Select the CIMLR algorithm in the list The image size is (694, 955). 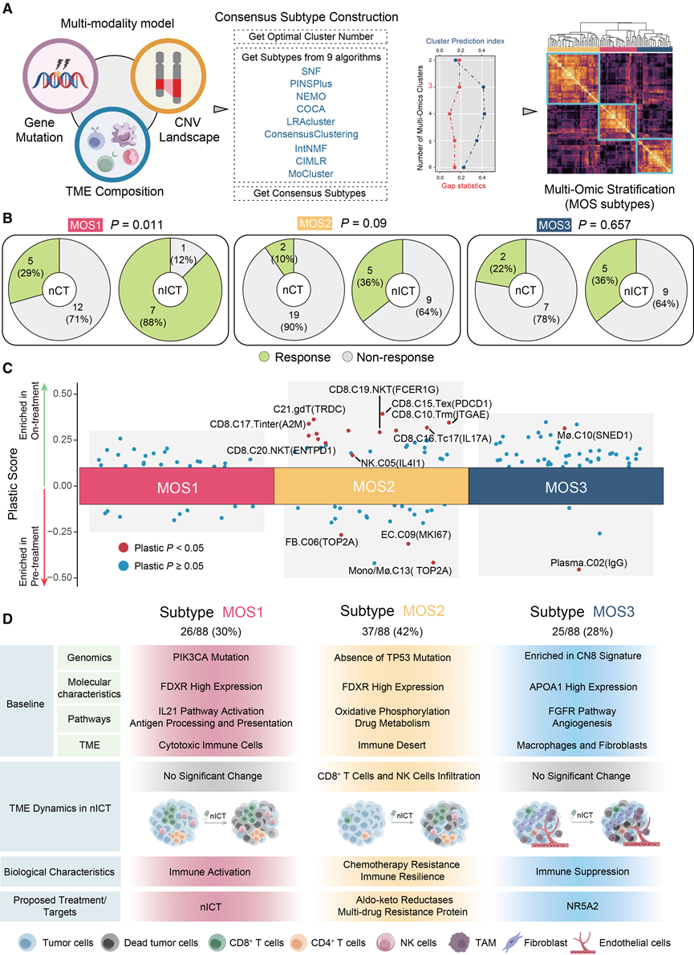[x=310, y=161]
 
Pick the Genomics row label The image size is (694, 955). [x=89, y=657]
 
